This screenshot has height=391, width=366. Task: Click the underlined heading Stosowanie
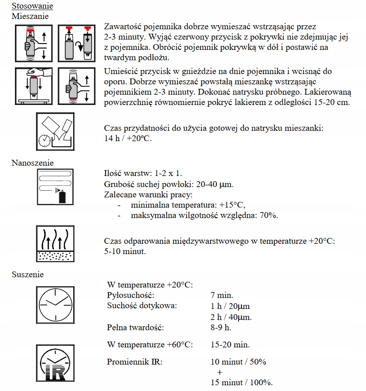(32, 6)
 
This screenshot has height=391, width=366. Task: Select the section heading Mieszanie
(30, 16)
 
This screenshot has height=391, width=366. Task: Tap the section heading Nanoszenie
(32, 163)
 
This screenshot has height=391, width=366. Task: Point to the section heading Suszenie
(27, 274)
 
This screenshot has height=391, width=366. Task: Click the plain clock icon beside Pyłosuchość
(56, 303)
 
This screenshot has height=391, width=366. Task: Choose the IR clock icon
(56, 361)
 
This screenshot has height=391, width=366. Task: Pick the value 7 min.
(222, 295)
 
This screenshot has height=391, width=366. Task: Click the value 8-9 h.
(220, 327)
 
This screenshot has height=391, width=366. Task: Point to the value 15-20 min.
(230, 345)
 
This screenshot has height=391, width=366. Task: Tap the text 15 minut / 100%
(241, 382)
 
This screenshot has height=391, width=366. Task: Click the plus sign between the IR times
(219, 372)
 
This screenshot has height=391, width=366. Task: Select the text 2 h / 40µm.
(231, 317)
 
